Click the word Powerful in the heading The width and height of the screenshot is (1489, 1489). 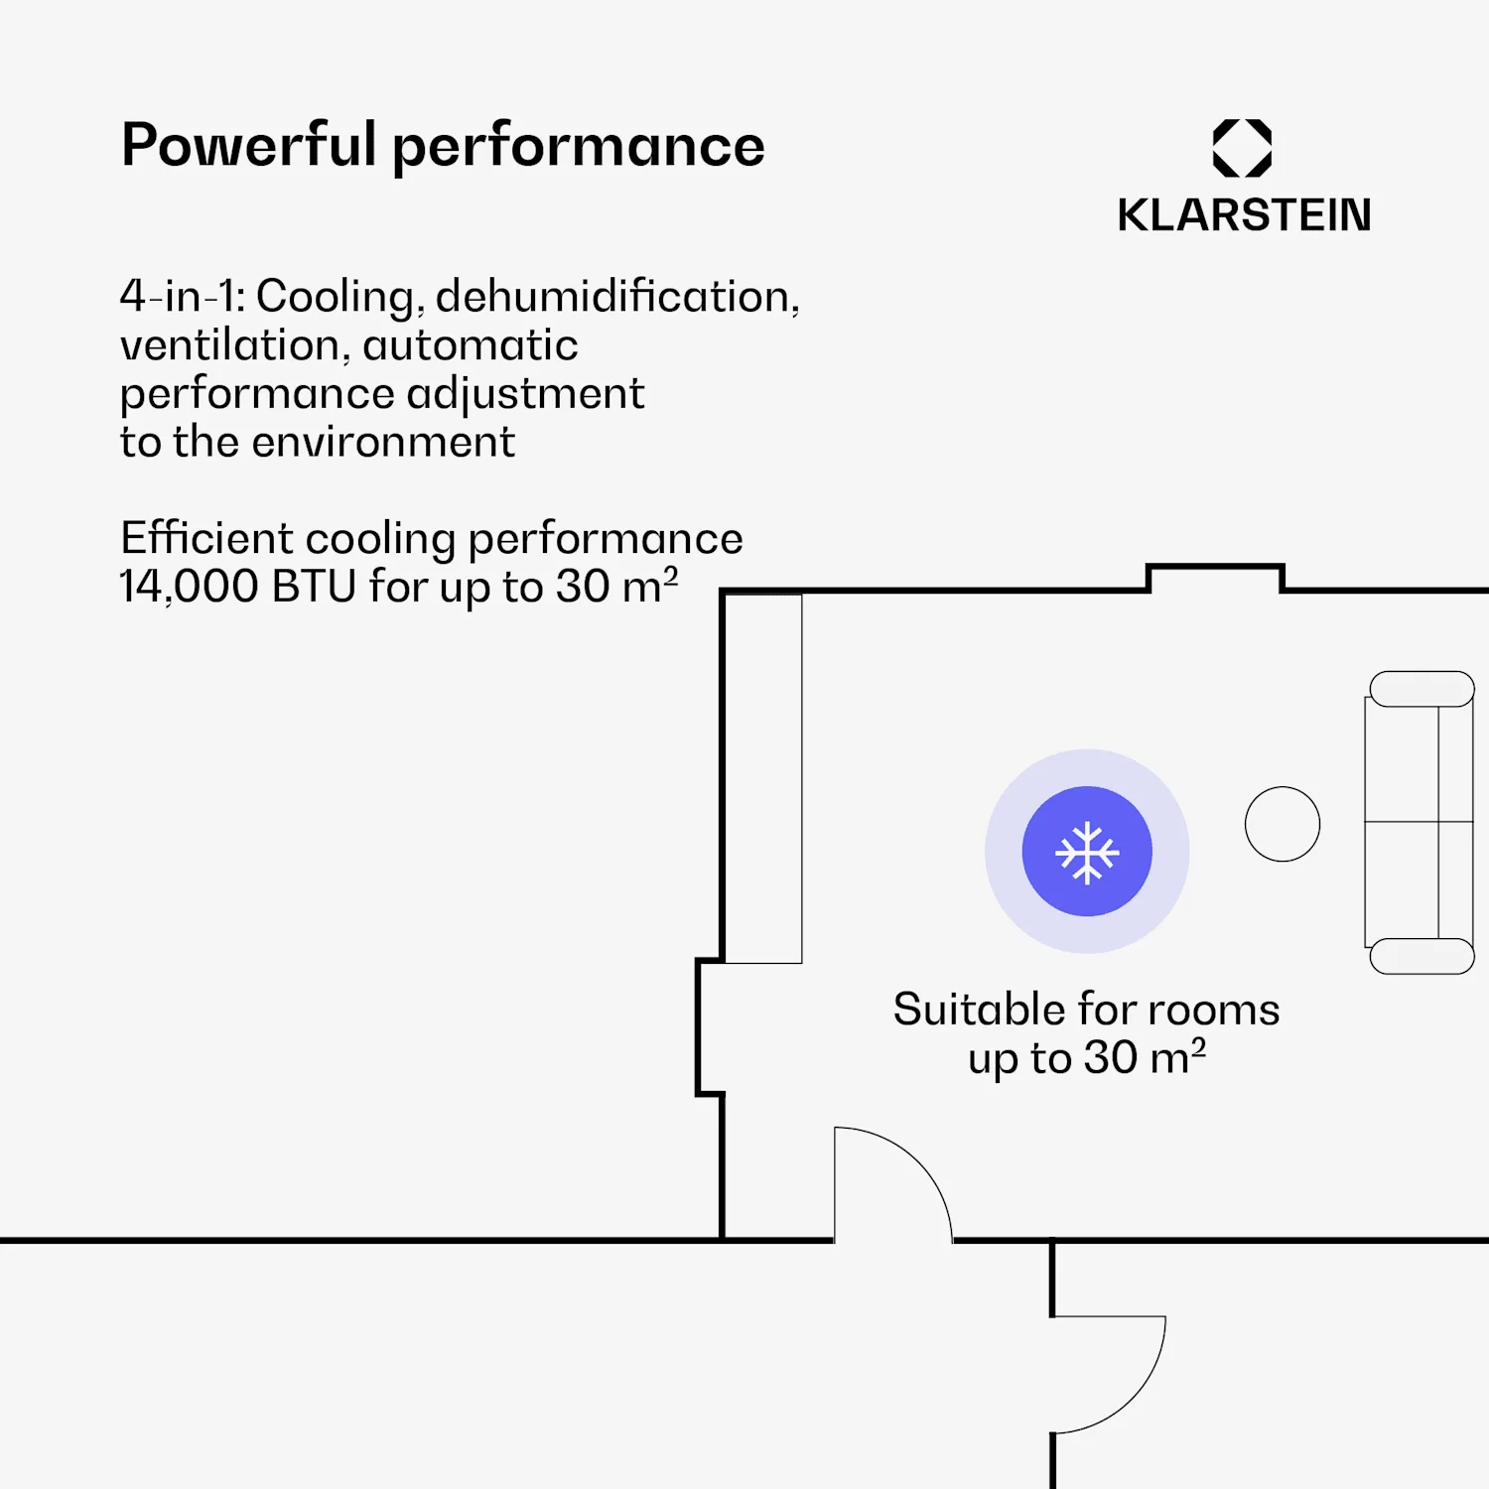248,145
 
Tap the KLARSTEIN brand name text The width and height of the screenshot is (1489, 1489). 1244,215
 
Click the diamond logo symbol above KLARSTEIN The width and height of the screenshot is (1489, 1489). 1242,148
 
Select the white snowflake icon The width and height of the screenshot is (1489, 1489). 1087,852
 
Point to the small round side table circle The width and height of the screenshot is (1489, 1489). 1283,824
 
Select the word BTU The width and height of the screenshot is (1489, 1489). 314,587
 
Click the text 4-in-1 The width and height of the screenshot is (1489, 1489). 181,297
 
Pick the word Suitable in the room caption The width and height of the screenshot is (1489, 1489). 979,1010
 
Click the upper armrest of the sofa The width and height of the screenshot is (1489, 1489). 1421,689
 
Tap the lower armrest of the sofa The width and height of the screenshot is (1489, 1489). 1421,956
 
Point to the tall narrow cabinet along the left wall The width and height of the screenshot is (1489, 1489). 762,778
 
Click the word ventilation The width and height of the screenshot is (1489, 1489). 229,345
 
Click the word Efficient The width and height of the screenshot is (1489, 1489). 206,539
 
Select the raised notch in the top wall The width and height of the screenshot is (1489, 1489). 1215,576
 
